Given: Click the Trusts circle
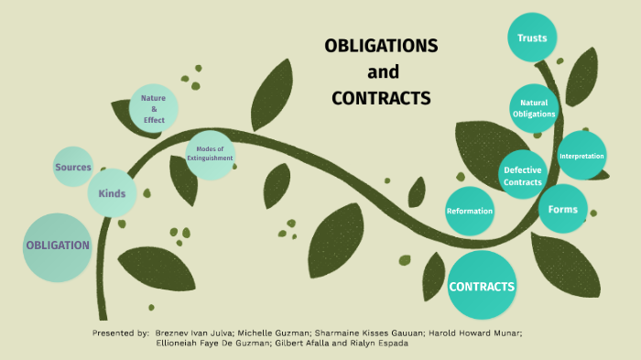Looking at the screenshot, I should (532, 38).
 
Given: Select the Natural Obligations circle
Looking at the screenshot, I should (534, 108).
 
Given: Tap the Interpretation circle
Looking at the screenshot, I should (581, 156).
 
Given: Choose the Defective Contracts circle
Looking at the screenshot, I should (523, 175).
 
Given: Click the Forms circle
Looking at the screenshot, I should (562, 210).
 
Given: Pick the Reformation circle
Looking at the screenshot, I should (470, 211).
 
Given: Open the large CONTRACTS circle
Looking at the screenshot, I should (482, 286).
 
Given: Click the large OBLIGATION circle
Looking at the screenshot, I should (58, 246).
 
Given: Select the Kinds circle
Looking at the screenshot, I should (112, 194).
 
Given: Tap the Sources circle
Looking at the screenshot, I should (73, 168).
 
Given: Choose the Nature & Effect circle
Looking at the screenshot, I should (154, 107).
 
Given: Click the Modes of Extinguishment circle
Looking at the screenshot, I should (211, 154).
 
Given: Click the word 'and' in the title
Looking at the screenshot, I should (383, 71).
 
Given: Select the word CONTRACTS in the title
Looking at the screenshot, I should (381, 97).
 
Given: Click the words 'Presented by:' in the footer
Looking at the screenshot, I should (121, 332).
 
